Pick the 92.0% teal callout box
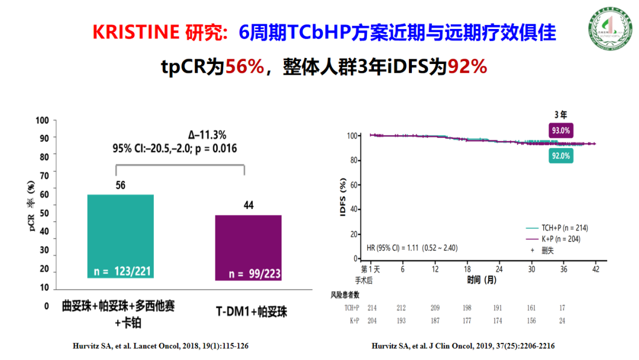[561, 156]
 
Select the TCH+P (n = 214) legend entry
[557, 227]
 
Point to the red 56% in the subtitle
[244, 67]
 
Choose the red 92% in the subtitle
[467, 67]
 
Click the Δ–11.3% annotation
[207, 134]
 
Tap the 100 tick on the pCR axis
[42, 120]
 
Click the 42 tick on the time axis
[595, 269]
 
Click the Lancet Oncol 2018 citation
[159, 345]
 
